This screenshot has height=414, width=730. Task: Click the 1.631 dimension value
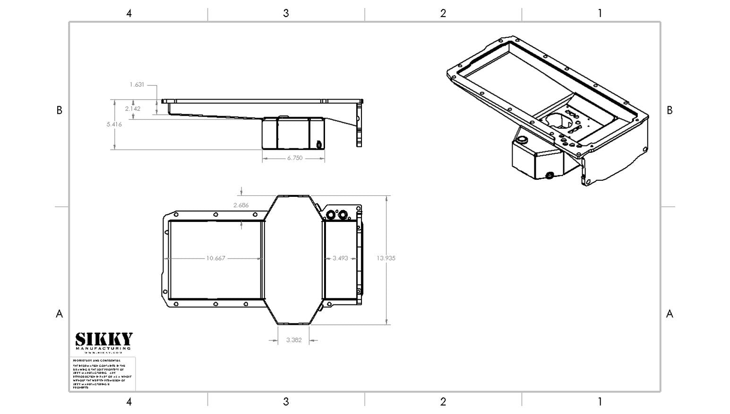[137, 85]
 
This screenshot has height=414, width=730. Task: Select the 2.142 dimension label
[133, 109]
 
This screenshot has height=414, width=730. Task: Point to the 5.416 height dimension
[114, 125]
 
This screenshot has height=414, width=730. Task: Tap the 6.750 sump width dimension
[294, 158]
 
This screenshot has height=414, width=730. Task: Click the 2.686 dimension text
[241, 205]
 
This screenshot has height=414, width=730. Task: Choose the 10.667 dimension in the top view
[215, 258]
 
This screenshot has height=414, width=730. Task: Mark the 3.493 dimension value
[340, 258]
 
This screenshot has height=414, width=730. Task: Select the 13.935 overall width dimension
[386, 258]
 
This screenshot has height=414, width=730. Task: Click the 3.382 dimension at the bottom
[294, 340]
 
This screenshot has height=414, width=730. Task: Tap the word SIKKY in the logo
[104, 339]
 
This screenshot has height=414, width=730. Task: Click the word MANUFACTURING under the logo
[103, 348]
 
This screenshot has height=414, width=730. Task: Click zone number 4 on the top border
[129, 13]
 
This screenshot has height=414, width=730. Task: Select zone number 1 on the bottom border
[600, 402]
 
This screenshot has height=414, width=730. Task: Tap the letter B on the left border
[59, 110]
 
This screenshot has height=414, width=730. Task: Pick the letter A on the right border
[670, 314]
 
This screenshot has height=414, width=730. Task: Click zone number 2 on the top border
[443, 13]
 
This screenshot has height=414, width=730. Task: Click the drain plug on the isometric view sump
[549, 176]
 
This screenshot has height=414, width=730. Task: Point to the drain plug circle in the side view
[319, 144]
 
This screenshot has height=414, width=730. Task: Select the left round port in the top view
[330, 215]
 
